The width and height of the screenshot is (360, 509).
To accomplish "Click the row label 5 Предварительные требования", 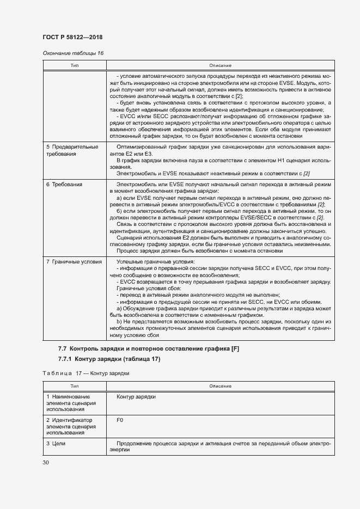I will click(x=72, y=150).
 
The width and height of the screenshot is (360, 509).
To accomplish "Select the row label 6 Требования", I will click(x=64, y=185).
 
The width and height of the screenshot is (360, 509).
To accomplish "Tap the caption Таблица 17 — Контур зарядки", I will click(x=86, y=374).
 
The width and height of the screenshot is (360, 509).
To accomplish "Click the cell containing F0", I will click(x=120, y=420).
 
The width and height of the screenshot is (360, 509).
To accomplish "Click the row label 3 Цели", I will click(x=57, y=444).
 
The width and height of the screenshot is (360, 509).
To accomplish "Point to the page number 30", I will click(x=46, y=462).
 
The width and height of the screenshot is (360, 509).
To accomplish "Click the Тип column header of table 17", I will click(x=75, y=386).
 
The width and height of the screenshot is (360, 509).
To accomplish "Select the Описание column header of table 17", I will click(x=220, y=386).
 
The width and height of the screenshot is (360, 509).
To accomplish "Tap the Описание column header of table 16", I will click(x=220, y=65).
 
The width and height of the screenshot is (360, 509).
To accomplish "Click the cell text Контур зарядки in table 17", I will click(x=136, y=397).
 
